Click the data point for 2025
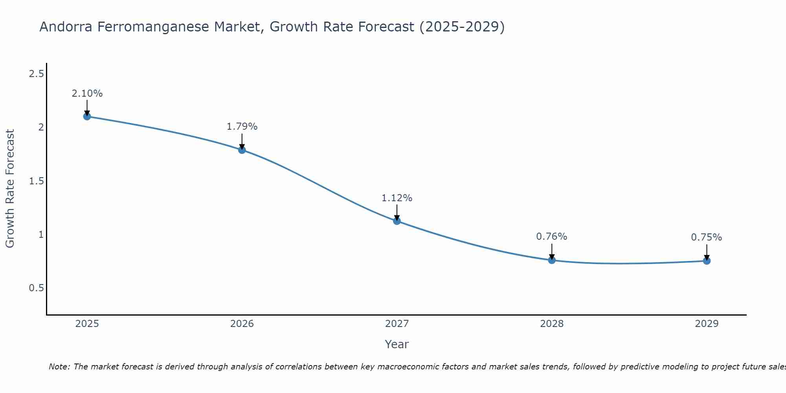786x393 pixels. (87, 116)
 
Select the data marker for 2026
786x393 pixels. (242, 150)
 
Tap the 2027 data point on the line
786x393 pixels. (397, 221)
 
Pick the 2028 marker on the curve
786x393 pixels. (552, 260)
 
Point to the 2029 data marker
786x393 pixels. (707, 261)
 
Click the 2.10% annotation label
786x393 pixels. (87, 94)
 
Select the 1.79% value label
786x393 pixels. (242, 127)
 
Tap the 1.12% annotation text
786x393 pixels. (397, 198)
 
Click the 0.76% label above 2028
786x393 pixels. (552, 237)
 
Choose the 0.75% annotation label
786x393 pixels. (707, 237)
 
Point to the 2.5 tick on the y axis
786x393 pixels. (36, 73)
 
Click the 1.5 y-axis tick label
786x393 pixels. (36, 181)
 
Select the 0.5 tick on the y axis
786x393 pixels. (36, 288)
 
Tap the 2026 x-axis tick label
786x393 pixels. (242, 324)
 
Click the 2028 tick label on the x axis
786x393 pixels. (552, 324)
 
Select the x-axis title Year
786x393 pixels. (397, 344)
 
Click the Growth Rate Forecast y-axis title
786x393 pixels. (10, 189)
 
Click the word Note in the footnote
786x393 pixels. (59, 367)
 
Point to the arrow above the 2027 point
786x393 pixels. (397, 212)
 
